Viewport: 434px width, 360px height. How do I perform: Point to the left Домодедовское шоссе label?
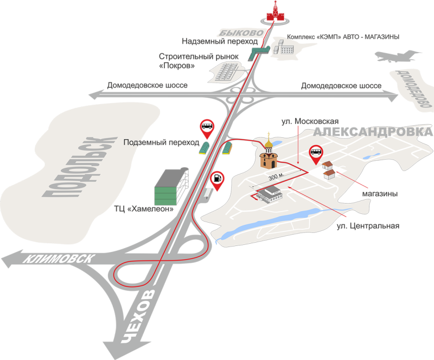point(148,86)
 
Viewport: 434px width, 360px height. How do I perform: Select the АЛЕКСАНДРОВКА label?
point(374,132)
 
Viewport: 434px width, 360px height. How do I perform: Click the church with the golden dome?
point(268,155)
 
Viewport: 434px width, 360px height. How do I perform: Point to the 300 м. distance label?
point(276,178)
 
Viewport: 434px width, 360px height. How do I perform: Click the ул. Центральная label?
point(368,225)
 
